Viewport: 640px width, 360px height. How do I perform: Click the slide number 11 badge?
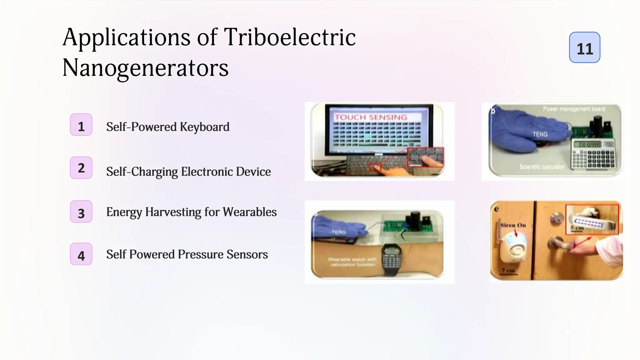pos(584,47)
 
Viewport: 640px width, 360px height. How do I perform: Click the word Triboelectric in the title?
pos(290,37)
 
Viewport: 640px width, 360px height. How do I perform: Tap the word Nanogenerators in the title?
pos(145,68)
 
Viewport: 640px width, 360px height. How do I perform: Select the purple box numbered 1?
pos(81,125)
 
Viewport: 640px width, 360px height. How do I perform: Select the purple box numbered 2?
pos(81,168)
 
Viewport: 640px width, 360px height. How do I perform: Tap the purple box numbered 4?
pos(81,254)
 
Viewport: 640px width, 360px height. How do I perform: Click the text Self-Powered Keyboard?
pos(167,127)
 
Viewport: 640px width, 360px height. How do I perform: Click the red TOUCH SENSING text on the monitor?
pos(371,117)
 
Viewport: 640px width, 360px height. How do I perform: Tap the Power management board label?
pos(574,109)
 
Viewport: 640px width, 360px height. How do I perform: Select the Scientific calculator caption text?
pos(542,167)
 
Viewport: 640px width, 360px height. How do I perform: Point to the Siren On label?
pos(513,225)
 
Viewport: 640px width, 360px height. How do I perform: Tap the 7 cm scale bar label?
pos(508,270)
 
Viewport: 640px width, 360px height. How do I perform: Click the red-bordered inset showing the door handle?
pos(592,219)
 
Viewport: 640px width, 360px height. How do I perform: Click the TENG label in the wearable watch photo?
pos(339,232)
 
